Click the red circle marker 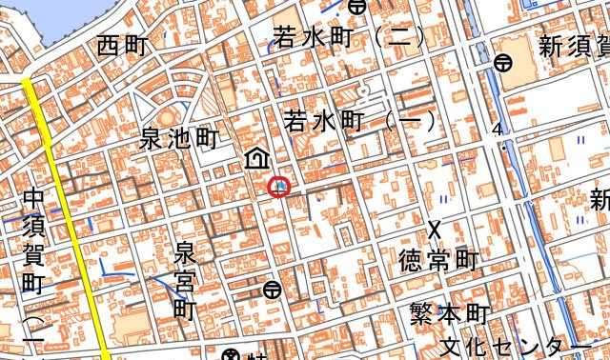278,187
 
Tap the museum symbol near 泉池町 256,158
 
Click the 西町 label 123,46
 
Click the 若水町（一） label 359,122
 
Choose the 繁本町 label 449,314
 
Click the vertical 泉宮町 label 184,281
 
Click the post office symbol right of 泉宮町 273,289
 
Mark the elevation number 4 497,130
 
